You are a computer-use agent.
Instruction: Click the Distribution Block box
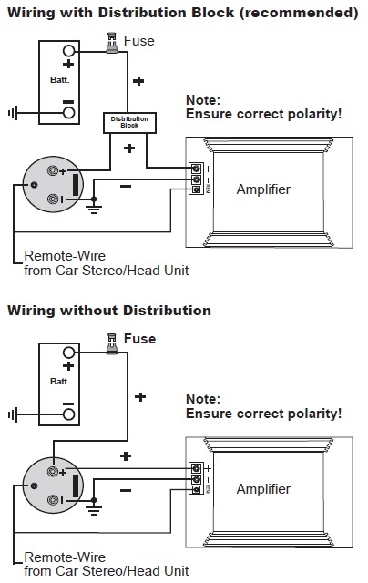click(129, 123)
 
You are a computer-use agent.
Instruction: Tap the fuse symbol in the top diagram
click(111, 44)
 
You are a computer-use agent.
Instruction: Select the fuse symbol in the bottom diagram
click(111, 344)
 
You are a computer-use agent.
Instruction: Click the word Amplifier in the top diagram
click(263, 189)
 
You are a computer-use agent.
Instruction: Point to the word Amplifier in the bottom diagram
click(263, 489)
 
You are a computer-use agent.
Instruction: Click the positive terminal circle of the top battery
click(68, 51)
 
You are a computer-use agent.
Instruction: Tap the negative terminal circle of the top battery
click(68, 113)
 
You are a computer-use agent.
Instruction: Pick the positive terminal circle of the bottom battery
click(68, 353)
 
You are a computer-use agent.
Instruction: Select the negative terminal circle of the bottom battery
click(68, 414)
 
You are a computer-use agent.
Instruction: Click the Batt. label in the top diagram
click(60, 79)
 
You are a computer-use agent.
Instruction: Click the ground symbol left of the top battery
click(13, 113)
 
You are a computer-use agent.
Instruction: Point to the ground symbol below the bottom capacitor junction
click(94, 510)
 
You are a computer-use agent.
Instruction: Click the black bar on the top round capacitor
click(76, 185)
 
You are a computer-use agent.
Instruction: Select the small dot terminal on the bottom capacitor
click(34, 486)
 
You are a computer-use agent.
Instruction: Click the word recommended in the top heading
click(302, 13)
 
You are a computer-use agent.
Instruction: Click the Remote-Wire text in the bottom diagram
click(65, 557)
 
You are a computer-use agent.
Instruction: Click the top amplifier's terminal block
click(196, 179)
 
